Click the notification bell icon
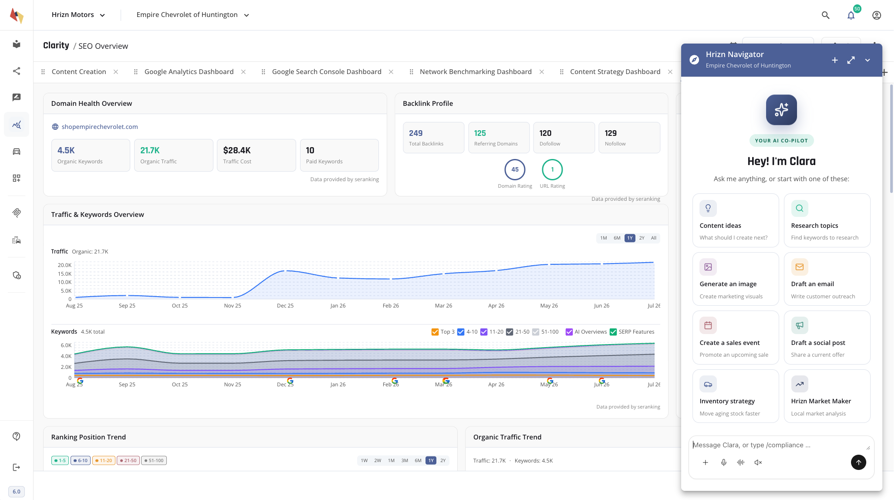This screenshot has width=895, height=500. pos(851,15)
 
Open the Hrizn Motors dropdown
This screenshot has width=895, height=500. pos(78,15)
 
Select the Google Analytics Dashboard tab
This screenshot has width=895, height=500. pos(189,72)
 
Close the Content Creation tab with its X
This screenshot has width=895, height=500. pos(116,72)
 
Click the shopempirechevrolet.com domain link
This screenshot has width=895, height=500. pos(99,127)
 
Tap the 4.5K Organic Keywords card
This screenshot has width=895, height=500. pos(91,155)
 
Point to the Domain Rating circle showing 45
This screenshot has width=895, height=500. pos(515,169)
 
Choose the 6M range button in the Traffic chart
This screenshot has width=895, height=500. pos(617,238)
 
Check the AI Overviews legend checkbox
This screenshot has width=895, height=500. pos(569,332)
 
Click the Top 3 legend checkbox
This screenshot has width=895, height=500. pos(435,332)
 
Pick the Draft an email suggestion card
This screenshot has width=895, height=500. pos(827,279)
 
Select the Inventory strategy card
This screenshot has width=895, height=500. pos(735,396)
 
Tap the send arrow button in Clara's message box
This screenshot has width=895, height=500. pos(858,462)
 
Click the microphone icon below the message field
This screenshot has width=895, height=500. pos(723,463)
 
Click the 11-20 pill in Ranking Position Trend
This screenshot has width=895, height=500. pos(104,460)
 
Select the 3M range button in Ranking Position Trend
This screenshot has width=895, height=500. pos(405,460)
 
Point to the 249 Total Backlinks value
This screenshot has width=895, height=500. pos(415,133)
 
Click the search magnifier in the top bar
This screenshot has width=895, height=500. pos(825,15)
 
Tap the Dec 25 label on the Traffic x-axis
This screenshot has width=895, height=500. pos(285,306)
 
